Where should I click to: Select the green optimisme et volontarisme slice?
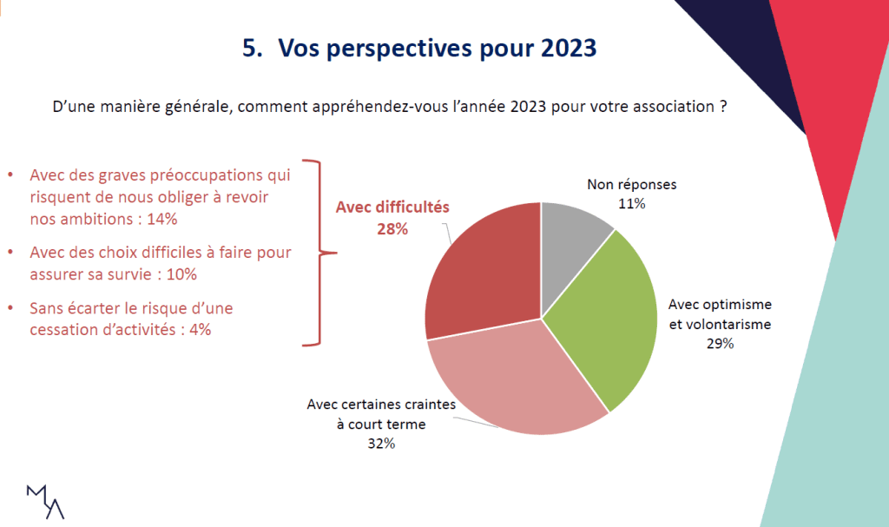pyautogui.click(x=608, y=321)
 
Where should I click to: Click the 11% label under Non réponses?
pyautogui.click(x=631, y=204)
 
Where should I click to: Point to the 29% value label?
pyautogui.click(x=720, y=343)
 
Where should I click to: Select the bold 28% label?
pyautogui.click(x=392, y=229)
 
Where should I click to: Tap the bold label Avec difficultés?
pyautogui.click(x=392, y=208)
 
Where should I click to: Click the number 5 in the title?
pyautogui.click(x=249, y=49)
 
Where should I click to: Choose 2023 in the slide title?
pyautogui.click(x=568, y=49)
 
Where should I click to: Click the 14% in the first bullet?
pyautogui.click(x=162, y=220)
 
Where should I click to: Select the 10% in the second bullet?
pyautogui.click(x=182, y=274)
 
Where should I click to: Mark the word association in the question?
pyautogui.click(x=672, y=110)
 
